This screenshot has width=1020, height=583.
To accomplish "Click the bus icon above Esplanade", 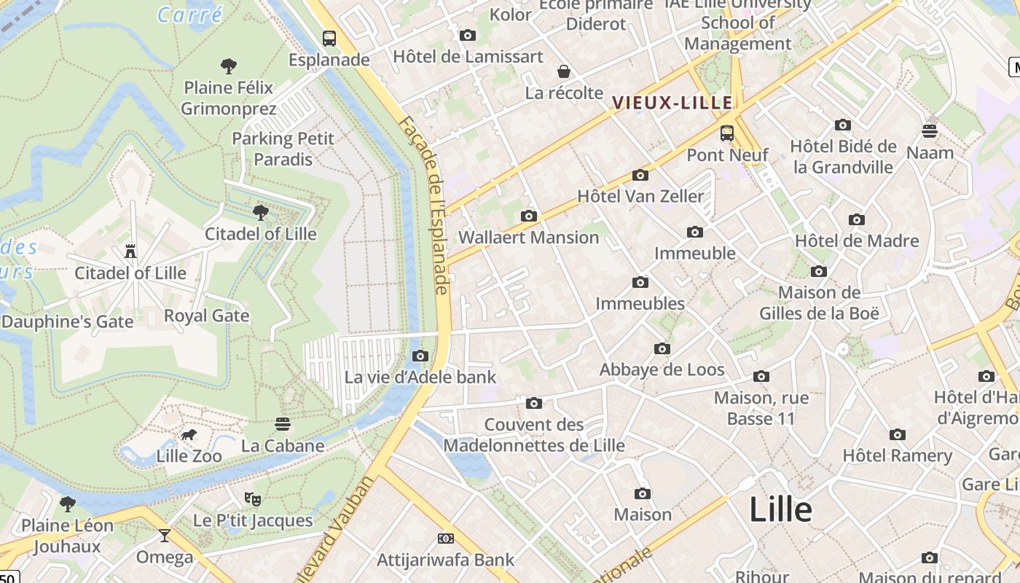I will coord(329,38).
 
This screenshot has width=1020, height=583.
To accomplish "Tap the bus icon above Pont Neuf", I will coord(727,133).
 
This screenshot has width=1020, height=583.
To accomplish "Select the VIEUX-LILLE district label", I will coord(672,103).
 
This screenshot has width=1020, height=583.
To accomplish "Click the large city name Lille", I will coord(780,509).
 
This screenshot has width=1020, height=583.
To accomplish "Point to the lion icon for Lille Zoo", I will coord(189,435).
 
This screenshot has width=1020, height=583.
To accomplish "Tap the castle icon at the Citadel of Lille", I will coord(131,251).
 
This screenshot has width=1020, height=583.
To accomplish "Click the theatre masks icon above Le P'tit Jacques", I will coord(253,499).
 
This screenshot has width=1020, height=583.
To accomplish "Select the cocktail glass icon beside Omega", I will coord(165,536).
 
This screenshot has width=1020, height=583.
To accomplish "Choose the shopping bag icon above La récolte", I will coord(564,71).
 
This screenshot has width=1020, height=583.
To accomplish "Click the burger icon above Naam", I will coord(930,131).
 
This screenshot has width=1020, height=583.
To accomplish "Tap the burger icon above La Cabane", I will coord(283,424).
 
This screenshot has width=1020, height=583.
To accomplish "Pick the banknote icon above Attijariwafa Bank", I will coord(446,539).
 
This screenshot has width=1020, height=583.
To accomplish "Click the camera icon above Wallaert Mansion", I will coord(529,216).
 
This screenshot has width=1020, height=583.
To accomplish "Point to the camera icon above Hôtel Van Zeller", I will coord(640,175).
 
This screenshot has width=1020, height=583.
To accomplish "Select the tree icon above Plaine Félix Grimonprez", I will coord(229,66).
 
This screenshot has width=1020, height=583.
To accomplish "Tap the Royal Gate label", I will coord(207,316).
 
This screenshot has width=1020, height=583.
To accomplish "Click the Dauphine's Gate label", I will coord(68,321).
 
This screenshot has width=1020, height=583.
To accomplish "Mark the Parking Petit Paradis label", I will coord(283,149).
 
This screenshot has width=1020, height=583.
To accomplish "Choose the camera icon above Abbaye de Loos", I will coord(662,348).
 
